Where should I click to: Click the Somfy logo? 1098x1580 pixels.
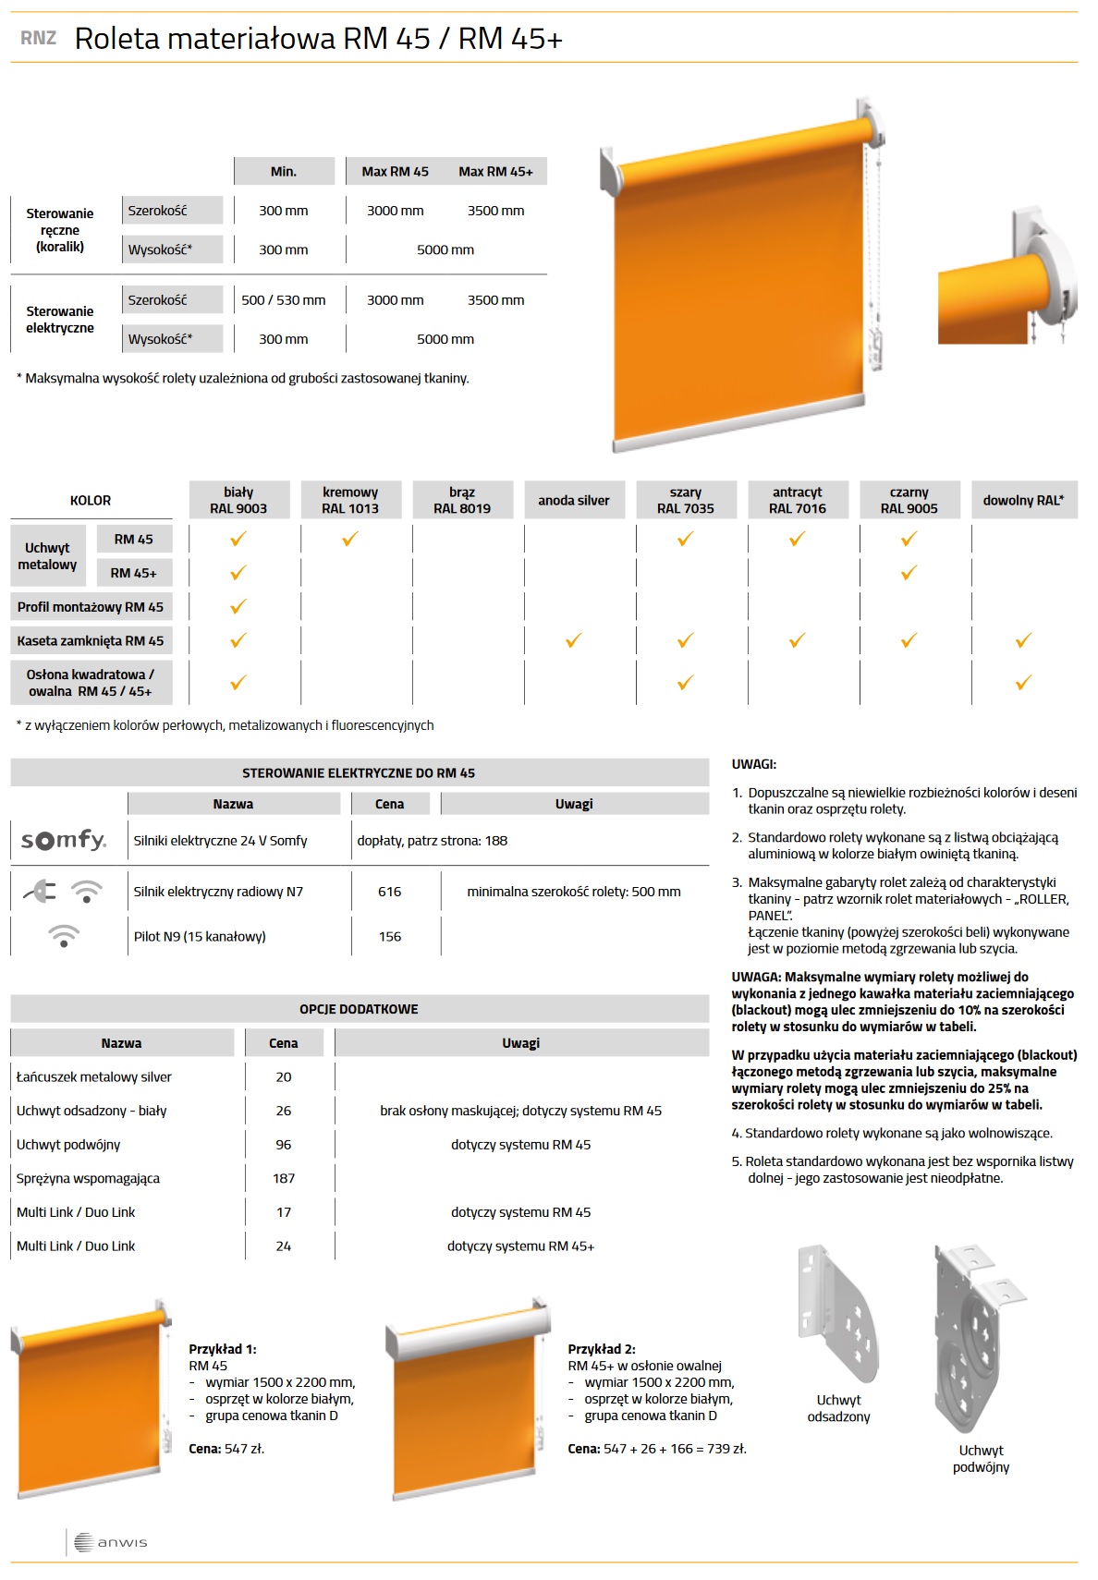(x=64, y=840)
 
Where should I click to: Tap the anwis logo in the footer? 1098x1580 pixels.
(x=111, y=1542)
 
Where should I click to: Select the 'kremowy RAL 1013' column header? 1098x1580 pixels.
(x=350, y=500)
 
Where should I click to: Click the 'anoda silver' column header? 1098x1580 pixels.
(x=573, y=500)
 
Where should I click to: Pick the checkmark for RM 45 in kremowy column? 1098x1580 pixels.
(x=349, y=539)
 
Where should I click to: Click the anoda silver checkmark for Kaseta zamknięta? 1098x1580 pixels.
(x=573, y=640)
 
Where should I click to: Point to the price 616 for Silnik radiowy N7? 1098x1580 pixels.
(x=389, y=892)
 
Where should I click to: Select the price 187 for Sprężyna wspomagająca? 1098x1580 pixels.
(x=284, y=1178)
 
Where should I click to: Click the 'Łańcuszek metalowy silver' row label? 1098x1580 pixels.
(x=94, y=1076)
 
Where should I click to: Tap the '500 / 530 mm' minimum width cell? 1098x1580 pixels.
(x=283, y=300)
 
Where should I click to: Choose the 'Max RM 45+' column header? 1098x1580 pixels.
(x=495, y=172)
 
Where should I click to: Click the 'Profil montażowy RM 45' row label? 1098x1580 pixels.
(x=91, y=607)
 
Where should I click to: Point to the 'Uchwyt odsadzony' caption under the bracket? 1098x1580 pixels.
(x=838, y=1408)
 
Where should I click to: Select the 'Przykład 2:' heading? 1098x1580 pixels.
(x=602, y=1349)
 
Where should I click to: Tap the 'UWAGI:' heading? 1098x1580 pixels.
(x=754, y=764)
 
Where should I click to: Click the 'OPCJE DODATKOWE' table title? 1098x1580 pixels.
(x=359, y=1009)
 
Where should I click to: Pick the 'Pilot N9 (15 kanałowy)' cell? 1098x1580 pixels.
(x=200, y=936)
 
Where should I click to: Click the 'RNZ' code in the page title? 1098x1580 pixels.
(x=38, y=38)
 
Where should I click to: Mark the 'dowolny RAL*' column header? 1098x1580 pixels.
(x=1023, y=500)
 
